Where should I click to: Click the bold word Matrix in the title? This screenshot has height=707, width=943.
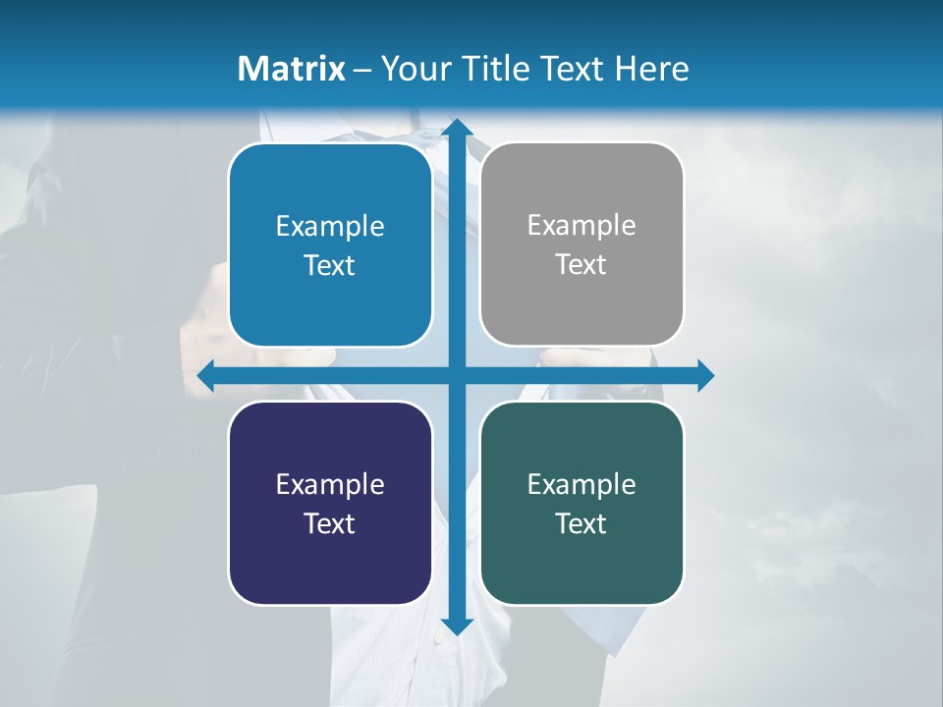291,69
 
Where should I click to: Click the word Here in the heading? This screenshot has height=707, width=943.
652,69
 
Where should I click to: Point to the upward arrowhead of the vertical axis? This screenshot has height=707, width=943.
456,129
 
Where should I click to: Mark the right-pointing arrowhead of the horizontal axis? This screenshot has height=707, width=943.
704,375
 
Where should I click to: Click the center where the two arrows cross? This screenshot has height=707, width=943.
456,375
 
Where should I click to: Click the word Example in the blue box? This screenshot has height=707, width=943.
330,227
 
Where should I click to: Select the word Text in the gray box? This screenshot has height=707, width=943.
582,265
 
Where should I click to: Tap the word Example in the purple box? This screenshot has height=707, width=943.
330,485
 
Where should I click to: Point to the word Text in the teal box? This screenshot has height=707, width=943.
582,524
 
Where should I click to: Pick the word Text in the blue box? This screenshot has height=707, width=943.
330,266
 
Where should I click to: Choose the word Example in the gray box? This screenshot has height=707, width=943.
582,226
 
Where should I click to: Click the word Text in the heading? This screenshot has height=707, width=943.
572,69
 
